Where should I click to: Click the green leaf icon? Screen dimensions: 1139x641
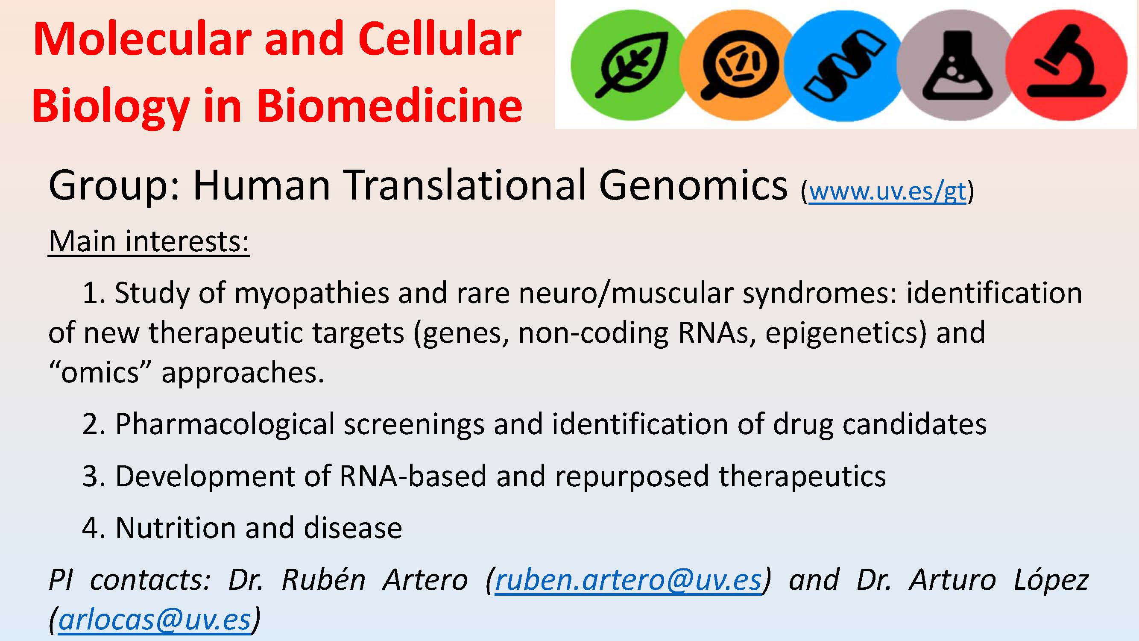pos(628,65)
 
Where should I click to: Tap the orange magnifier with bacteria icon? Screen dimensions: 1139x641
pos(738,65)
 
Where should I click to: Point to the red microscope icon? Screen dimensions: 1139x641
pos(1066,65)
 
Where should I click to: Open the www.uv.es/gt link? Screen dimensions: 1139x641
pos(887,191)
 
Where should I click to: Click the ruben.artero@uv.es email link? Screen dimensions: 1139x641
pos(628,579)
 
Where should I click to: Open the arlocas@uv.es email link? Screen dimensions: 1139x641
pos(155,620)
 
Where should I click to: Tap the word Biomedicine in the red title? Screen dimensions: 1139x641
pos(389,106)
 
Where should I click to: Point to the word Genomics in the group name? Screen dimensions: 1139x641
pos(693,185)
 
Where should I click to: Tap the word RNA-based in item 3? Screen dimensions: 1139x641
pos(413,476)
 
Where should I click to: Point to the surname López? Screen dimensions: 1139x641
pos(1051,580)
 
